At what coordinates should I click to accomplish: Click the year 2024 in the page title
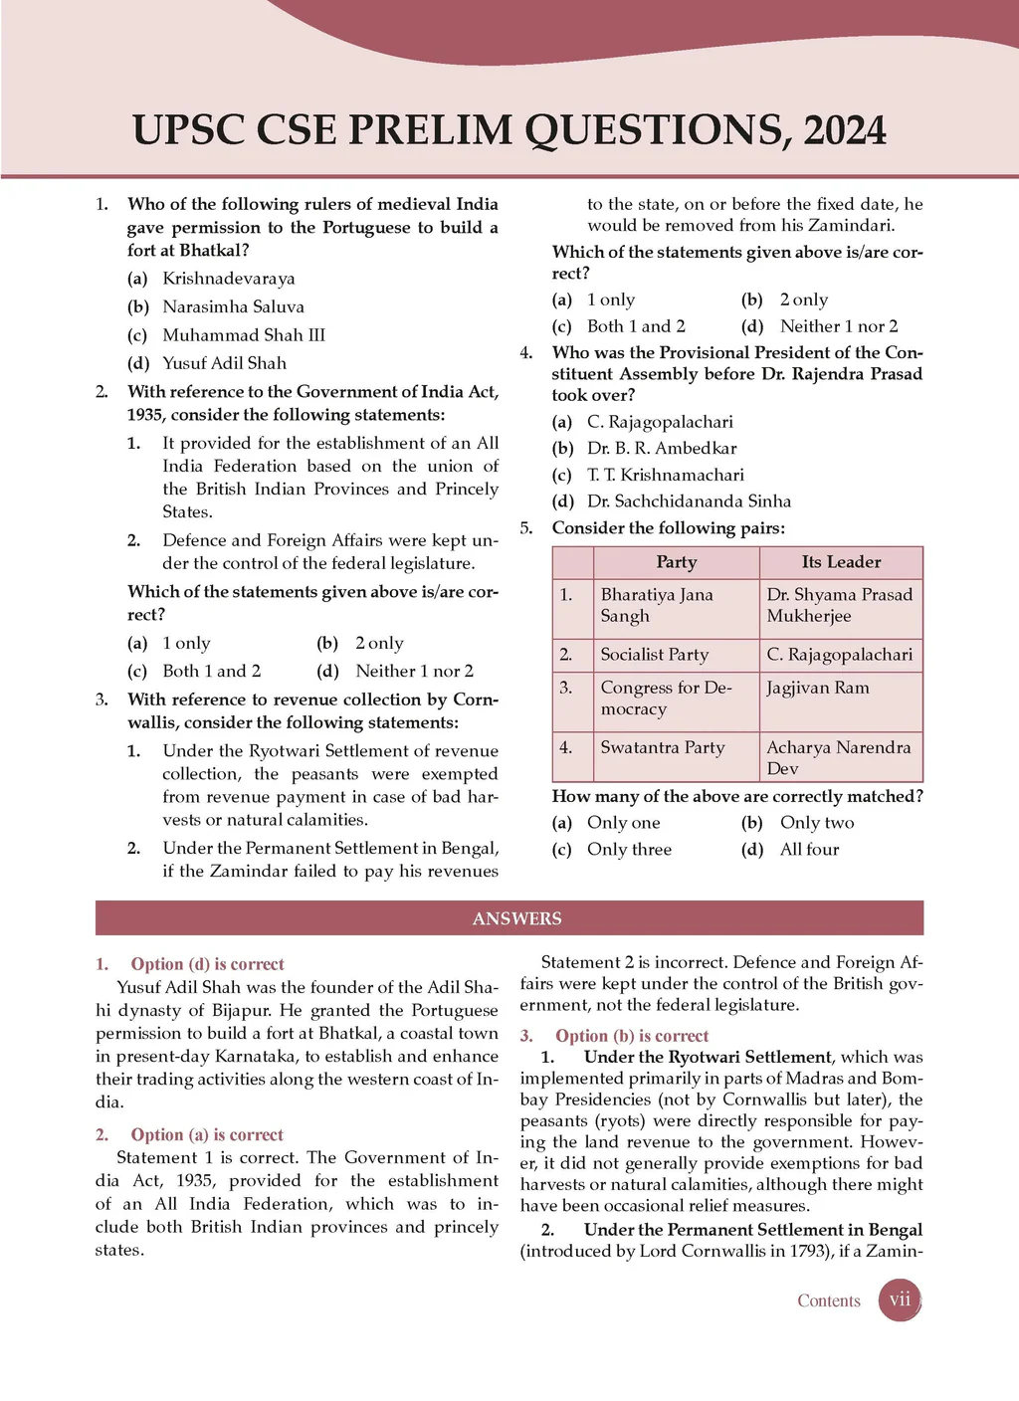tap(844, 131)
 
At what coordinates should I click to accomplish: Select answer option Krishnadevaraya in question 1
tap(228, 279)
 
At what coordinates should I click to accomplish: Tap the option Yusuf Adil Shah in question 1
tap(224, 363)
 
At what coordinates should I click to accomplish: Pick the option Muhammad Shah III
tap(244, 335)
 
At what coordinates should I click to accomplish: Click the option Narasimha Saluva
tap(233, 306)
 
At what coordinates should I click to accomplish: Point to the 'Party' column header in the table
tap(676, 562)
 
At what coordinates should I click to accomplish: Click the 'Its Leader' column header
tap(841, 562)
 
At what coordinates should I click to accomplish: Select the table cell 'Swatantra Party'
tap(663, 747)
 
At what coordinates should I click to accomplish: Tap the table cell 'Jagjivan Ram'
tap(818, 688)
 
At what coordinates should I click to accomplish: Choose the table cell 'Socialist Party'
tap(654, 655)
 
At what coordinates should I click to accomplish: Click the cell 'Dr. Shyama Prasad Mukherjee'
tap(839, 605)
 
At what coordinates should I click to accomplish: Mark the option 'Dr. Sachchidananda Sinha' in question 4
tap(689, 501)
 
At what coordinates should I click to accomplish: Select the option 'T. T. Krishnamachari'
tap(665, 475)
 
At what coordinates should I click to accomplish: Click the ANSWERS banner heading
tap(516, 918)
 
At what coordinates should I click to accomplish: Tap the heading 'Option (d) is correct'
tap(207, 964)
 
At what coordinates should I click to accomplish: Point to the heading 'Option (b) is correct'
tap(631, 1036)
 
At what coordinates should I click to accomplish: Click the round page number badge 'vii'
tap(900, 1300)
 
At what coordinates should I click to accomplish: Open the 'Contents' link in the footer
tap(828, 1301)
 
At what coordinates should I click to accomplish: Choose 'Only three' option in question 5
tap(629, 850)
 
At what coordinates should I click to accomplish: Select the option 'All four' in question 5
tap(809, 850)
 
